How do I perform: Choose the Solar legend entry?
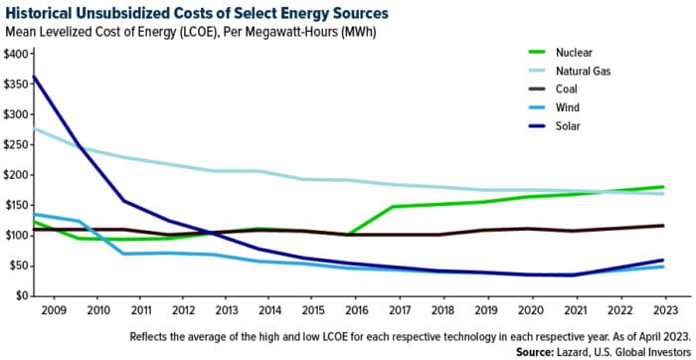click(576, 125)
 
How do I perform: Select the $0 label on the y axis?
click(22, 295)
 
